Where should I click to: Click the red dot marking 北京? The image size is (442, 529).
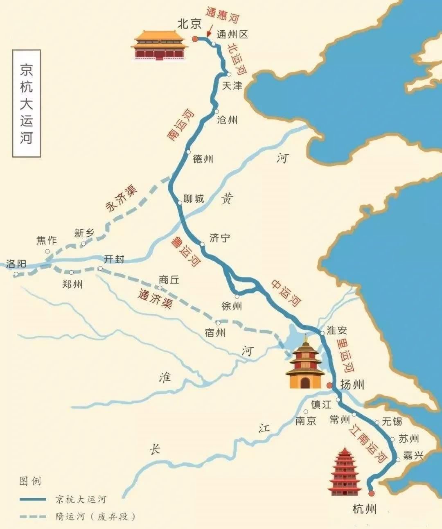195,39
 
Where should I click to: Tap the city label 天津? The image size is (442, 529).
232,86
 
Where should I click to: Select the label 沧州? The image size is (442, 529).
227,120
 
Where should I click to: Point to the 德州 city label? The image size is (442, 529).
203,159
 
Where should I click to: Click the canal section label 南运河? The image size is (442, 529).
180,125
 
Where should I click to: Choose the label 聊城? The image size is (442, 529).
194,199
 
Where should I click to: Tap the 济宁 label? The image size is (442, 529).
220,238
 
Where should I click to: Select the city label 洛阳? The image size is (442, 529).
16,264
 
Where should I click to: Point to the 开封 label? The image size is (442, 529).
114,259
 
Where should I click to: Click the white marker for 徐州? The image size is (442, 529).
237,296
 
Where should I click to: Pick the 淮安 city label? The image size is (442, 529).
337,330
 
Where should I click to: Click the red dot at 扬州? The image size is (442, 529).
329,385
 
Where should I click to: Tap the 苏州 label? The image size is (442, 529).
409,439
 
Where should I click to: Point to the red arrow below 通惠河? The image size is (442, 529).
209,32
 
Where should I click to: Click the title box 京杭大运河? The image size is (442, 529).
27,104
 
